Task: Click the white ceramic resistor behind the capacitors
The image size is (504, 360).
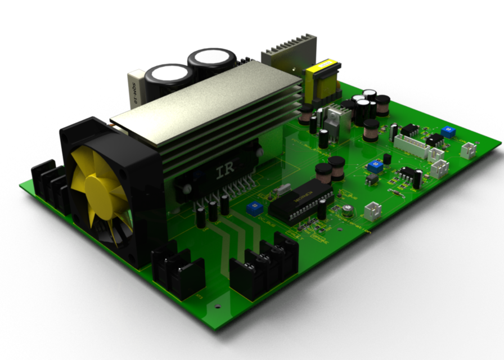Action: click(137, 88)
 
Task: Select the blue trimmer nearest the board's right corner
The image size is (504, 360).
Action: click(448, 132)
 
